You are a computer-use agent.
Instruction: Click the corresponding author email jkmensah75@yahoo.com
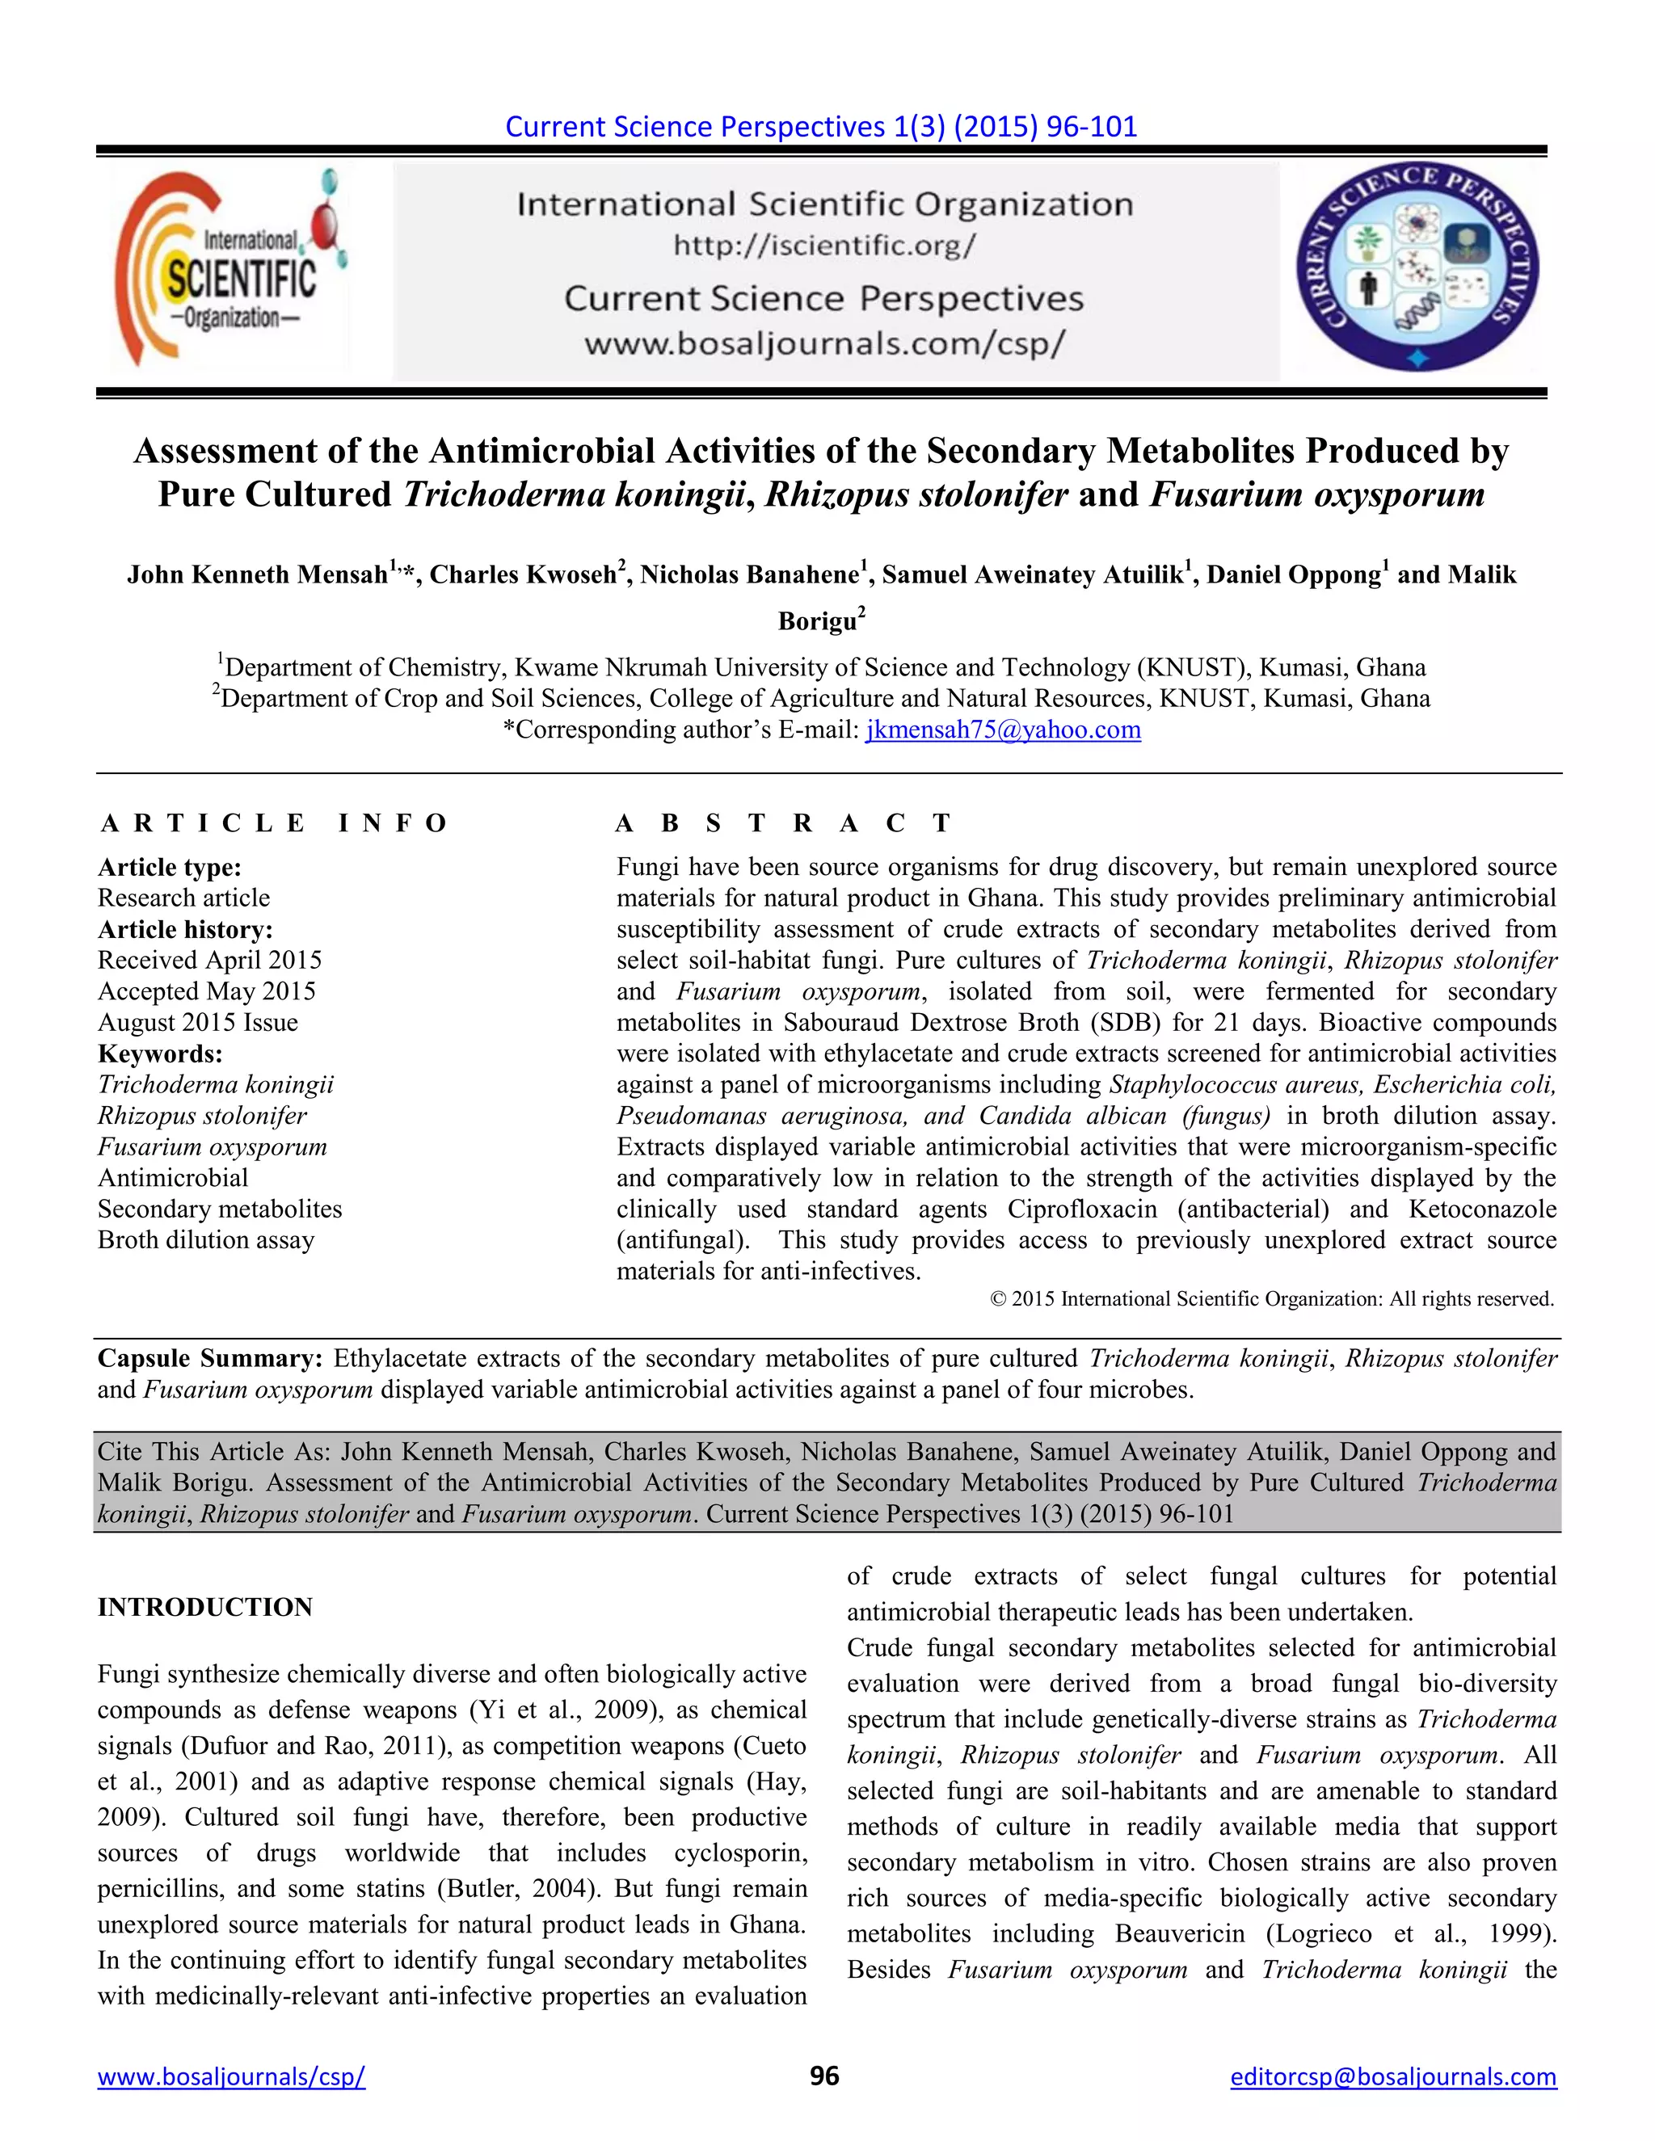(x=1002, y=730)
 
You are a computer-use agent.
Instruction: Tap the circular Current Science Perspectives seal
(x=1417, y=267)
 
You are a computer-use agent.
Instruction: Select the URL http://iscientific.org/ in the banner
(x=823, y=245)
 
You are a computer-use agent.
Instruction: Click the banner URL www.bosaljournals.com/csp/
(x=823, y=344)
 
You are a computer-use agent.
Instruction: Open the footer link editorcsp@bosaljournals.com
(x=1393, y=2076)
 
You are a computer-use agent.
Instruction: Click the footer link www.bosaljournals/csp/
(x=231, y=2076)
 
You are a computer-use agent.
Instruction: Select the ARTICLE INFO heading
(x=274, y=822)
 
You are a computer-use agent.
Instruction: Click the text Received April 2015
(x=210, y=960)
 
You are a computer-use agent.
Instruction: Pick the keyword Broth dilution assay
(x=206, y=1240)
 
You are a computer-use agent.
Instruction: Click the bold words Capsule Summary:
(x=210, y=1359)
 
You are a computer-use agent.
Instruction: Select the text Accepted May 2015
(x=207, y=991)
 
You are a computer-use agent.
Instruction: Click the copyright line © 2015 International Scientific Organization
(x=1272, y=1300)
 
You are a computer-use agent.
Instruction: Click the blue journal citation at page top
(x=821, y=127)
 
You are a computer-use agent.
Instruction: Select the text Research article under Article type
(x=183, y=898)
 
